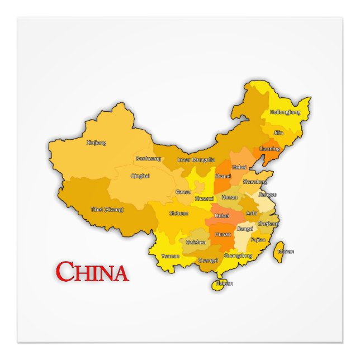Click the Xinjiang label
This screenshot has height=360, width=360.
[96, 143]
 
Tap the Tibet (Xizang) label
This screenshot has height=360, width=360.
[107, 210]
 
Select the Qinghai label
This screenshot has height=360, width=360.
[140, 176]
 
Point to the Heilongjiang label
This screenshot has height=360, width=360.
[285, 112]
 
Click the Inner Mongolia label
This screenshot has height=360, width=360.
[196, 159]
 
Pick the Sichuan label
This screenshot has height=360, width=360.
[179, 213]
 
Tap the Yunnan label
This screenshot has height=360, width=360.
[170, 255]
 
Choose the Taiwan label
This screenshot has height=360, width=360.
[286, 251]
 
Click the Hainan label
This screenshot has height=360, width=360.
[224, 283]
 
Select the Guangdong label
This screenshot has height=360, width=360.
[238, 255]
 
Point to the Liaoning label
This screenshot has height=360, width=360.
[270, 149]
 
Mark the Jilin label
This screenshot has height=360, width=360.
[278, 133]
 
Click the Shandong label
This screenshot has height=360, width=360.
[254, 182]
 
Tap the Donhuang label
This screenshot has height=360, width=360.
[148, 158]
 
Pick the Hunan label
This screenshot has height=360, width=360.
[223, 234]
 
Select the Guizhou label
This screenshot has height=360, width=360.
[196, 242]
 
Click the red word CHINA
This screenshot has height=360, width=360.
[92, 272]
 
